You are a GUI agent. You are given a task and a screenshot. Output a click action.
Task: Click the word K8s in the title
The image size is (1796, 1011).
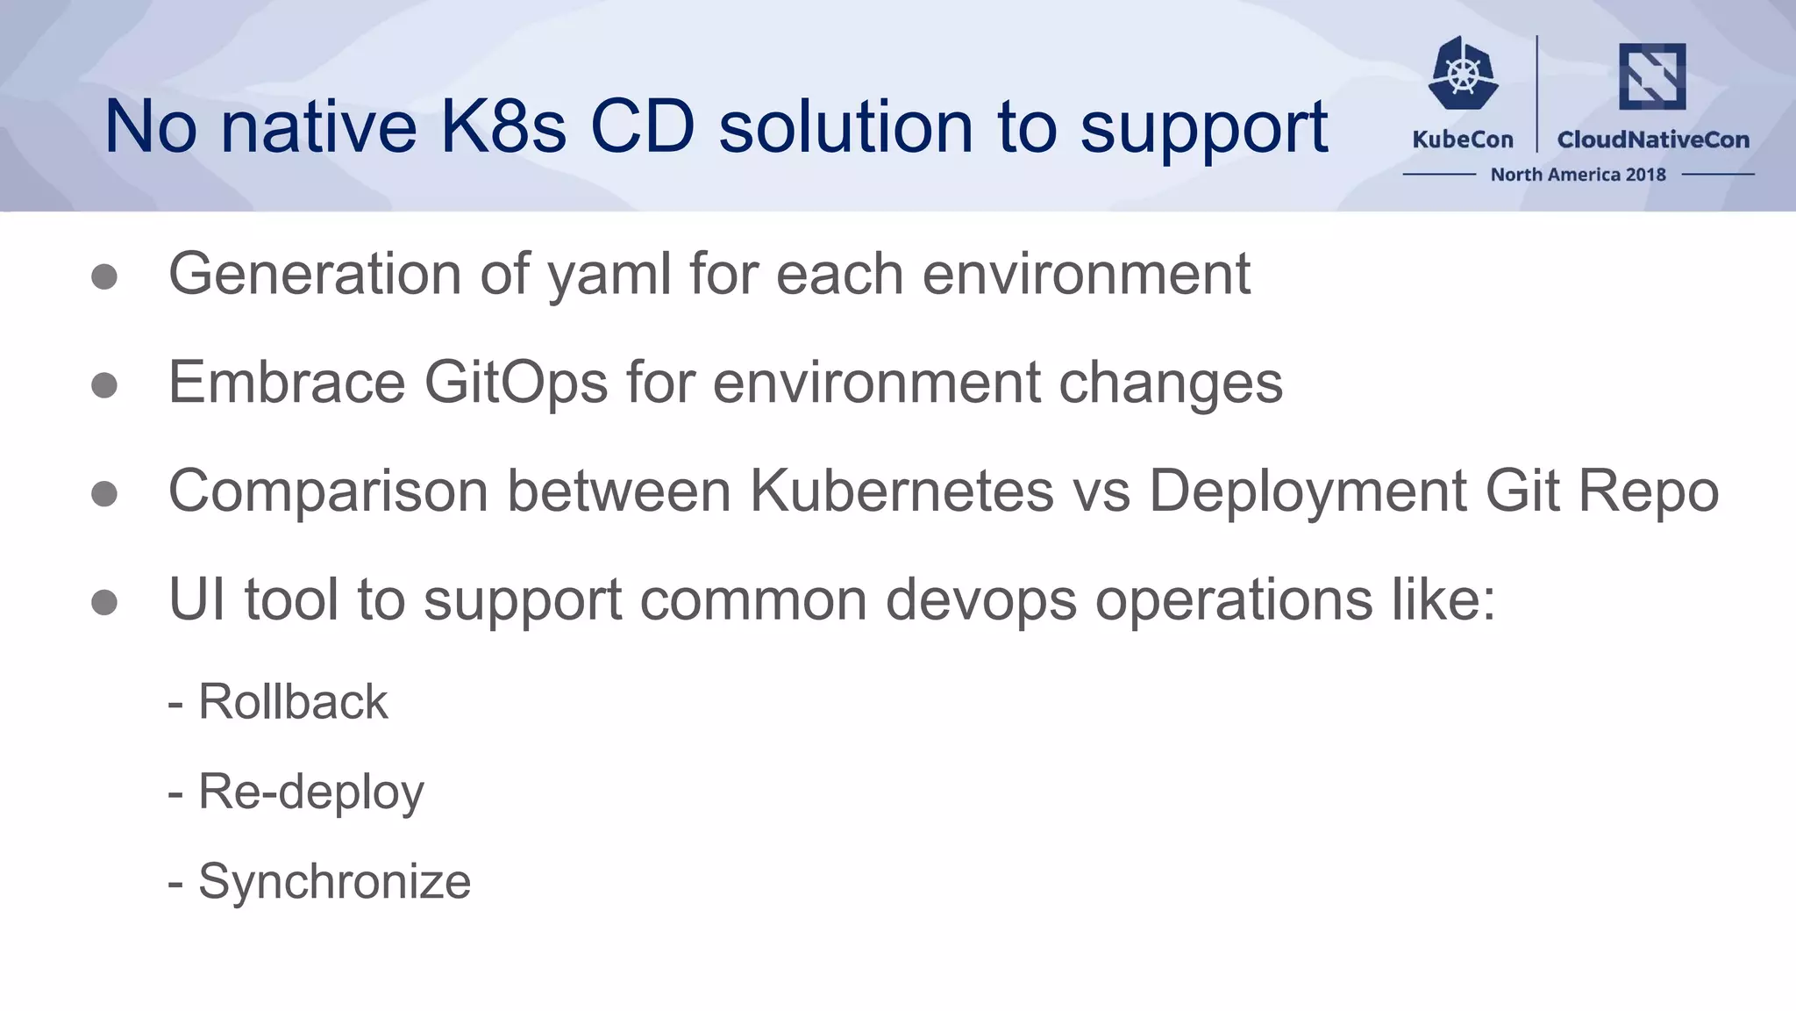(502, 127)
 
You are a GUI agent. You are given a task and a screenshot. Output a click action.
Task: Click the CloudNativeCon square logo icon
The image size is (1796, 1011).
(1652, 76)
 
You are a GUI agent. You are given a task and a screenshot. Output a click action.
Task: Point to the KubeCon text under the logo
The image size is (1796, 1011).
(1463, 140)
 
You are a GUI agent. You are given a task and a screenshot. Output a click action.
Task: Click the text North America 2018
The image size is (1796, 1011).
(1578, 175)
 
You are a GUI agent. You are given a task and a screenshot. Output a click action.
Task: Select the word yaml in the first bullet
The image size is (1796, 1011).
(609, 275)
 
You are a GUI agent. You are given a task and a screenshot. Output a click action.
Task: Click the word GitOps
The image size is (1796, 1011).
(516, 383)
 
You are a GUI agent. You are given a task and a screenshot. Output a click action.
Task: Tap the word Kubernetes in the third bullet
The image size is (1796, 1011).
(902, 491)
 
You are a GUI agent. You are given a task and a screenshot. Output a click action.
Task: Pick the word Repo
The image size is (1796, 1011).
(1649, 491)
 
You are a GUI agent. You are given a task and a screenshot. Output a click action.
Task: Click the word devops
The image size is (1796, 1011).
(980, 599)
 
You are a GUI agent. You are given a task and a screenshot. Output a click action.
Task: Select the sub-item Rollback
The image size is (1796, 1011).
(293, 702)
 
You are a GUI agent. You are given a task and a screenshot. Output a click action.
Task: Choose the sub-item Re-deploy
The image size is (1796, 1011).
(311, 792)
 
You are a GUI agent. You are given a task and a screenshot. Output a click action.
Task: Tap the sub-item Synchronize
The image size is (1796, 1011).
(334, 881)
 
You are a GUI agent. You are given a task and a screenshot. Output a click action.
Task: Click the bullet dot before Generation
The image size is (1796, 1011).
(104, 277)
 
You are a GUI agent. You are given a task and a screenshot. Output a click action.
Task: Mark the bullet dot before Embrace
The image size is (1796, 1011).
(104, 385)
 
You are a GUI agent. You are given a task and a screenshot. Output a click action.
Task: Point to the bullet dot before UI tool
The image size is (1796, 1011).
(104, 602)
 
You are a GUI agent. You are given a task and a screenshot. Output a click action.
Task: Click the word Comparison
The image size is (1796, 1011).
(328, 491)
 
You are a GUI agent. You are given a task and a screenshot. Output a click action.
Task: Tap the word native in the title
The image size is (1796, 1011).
(317, 127)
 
